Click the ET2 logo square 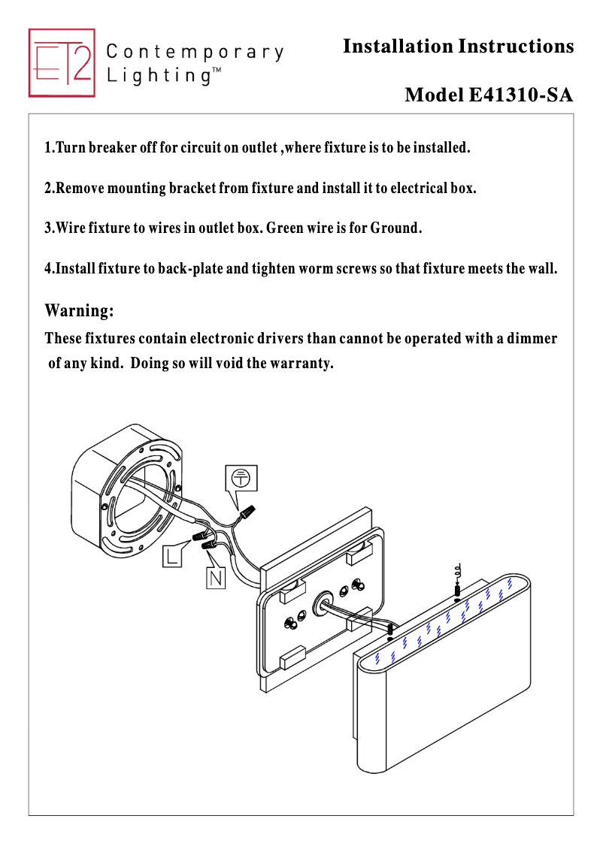(62, 63)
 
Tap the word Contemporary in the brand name (195, 53)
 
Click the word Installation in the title (397, 47)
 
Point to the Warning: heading (80, 310)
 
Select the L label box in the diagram (173, 557)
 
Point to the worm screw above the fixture (457, 591)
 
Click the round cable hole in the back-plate (326, 599)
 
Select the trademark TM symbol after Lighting (216, 71)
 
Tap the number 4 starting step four (49, 268)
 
